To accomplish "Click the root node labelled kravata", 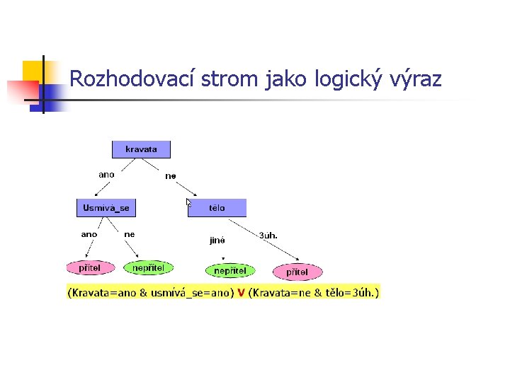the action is (141, 149).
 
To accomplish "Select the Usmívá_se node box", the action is (106, 208).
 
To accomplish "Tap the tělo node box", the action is (217, 208).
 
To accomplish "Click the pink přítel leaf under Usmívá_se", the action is (89, 268).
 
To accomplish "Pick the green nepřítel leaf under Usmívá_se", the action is (148, 267).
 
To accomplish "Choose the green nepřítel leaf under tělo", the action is (230, 271).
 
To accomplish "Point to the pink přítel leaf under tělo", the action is (297, 272).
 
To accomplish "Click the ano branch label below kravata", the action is (106, 174).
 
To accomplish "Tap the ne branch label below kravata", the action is (171, 176).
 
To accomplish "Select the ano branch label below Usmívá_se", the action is (89, 234).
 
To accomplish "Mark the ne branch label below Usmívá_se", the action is (130, 234).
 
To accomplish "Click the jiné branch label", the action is (217, 240).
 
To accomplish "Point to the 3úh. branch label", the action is (268, 235).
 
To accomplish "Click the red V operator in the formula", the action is (242, 292).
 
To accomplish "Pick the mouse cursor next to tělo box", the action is (189, 203).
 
